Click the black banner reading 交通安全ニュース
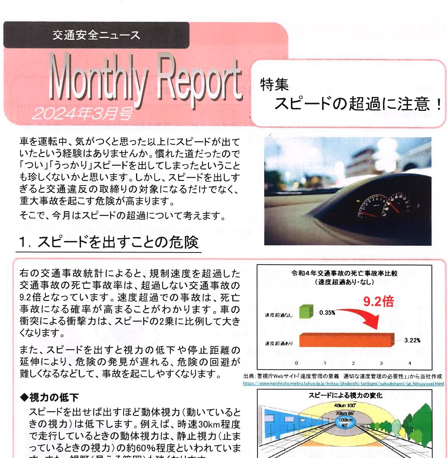click(96, 35)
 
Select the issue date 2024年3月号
click(82, 113)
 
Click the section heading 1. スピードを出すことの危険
click(109, 242)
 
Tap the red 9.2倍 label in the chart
click(378, 301)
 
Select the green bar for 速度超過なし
click(306, 311)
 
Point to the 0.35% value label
click(327, 313)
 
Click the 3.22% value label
click(412, 340)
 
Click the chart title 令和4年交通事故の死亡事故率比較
click(344, 274)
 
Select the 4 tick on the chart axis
click(410, 363)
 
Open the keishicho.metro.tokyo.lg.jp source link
click(343, 384)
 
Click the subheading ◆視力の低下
click(49, 397)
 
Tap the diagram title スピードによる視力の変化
click(345, 395)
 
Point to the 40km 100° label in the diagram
click(345, 406)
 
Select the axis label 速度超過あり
click(278, 343)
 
